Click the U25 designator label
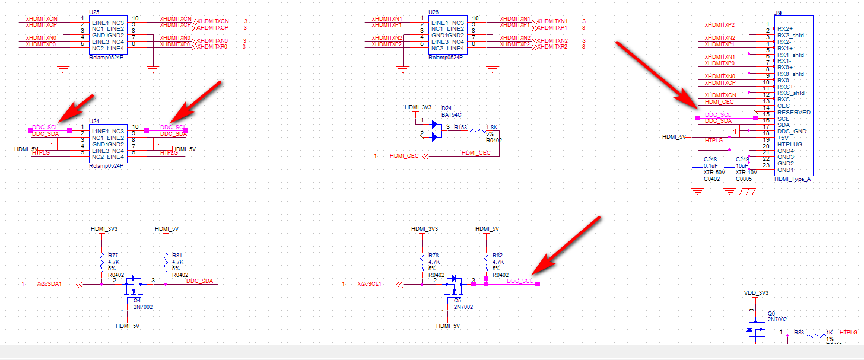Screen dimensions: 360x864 (x=94, y=12)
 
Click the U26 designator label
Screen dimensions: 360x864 (x=433, y=12)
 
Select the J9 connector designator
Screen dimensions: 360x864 (x=778, y=12)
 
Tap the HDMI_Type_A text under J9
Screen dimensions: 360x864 (x=793, y=179)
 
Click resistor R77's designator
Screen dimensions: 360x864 (x=113, y=254)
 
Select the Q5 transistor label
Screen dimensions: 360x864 (x=458, y=300)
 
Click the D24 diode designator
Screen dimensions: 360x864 (x=446, y=107)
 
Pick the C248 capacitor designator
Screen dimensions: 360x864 (x=710, y=159)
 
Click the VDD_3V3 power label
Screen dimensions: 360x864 (x=756, y=293)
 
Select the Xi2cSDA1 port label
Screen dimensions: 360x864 (x=50, y=284)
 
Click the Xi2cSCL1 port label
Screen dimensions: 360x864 (x=369, y=284)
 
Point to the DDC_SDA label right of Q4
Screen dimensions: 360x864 (x=199, y=281)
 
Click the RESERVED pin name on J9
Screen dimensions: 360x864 (x=794, y=112)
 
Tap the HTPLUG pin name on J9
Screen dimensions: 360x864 (x=790, y=144)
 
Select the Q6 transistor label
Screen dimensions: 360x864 (x=771, y=313)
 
